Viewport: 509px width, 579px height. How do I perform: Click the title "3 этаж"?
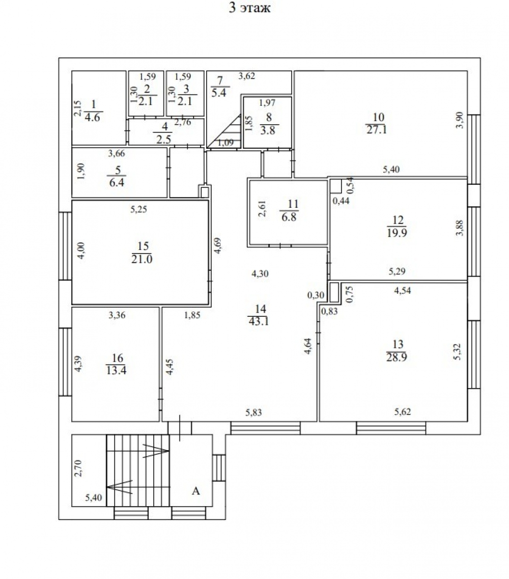pyautogui.click(x=249, y=8)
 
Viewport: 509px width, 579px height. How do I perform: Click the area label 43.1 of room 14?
pyautogui.click(x=259, y=321)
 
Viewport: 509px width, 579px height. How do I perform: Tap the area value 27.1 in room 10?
pyautogui.click(x=377, y=130)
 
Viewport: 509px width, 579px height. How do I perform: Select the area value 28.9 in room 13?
pyautogui.click(x=397, y=357)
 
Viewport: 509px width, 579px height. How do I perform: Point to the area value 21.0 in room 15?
pyautogui.click(x=142, y=259)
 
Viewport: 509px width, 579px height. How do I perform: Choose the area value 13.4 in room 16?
pyautogui.click(x=116, y=370)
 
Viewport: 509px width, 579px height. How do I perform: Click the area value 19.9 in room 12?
pyautogui.click(x=397, y=233)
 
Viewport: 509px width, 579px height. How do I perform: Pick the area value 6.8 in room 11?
pyautogui.click(x=289, y=216)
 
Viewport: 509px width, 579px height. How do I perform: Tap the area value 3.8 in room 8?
pyautogui.click(x=268, y=130)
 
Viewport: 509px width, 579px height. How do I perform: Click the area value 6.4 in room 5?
pyautogui.click(x=117, y=182)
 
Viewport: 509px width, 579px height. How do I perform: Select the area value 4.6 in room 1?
pyautogui.click(x=92, y=118)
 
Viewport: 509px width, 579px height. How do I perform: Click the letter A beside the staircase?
pyautogui.click(x=196, y=491)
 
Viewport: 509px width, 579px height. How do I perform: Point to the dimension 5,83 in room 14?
pyautogui.click(x=253, y=412)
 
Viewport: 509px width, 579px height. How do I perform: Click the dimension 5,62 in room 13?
pyautogui.click(x=402, y=411)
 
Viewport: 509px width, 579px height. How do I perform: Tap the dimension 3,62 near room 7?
pyautogui.click(x=246, y=76)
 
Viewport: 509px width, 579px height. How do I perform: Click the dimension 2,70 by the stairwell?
pyautogui.click(x=78, y=468)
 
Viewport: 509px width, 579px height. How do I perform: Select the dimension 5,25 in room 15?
pyautogui.click(x=139, y=209)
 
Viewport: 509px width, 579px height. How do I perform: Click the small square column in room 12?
pyautogui.click(x=335, y=186)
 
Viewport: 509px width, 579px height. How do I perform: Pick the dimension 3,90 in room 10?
pyautogui.click(x=460, y=120)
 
